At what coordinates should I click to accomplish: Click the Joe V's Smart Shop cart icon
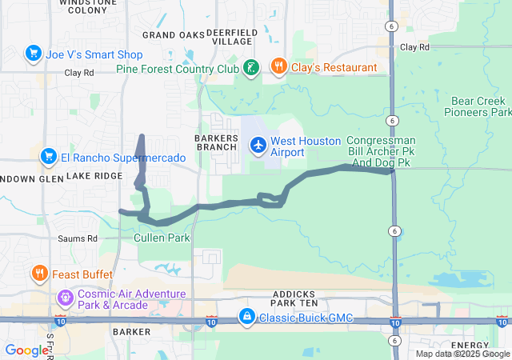33,54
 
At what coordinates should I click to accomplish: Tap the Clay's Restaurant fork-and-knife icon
279,67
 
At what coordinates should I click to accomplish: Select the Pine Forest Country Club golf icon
251,68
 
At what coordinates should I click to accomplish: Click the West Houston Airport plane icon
258,146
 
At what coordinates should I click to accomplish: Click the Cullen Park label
162,238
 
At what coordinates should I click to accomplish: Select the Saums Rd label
78,238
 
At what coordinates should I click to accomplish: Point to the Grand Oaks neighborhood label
174,35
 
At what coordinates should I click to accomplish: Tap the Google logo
26,350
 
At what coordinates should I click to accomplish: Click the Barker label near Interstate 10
131,331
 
